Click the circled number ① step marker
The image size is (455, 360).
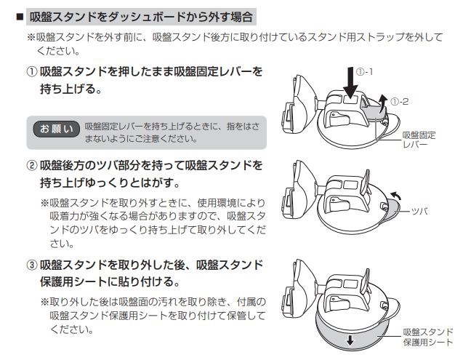click(33, 73)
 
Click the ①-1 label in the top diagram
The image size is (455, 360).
click(365, 73)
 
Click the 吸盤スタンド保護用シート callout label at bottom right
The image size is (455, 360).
click(427, 337)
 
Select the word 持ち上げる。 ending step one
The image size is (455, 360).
click(70, 92)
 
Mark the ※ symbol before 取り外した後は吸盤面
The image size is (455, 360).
click(45, 301)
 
